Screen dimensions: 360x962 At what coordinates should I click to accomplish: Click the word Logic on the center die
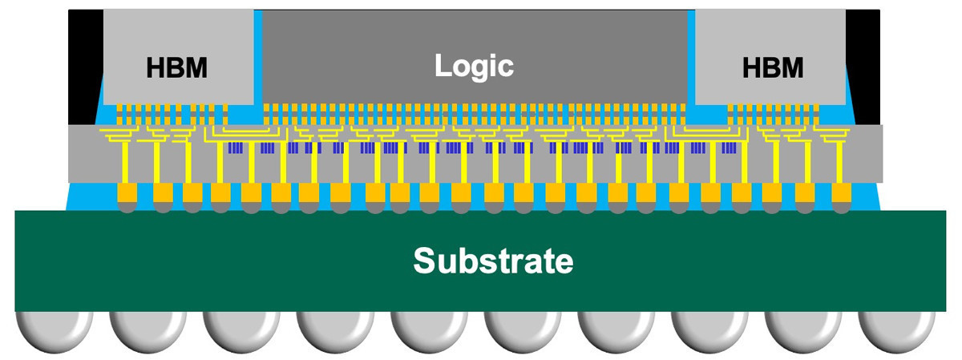[x=474, y=65]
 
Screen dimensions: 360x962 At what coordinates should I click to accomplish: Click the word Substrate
[x=493, y=261]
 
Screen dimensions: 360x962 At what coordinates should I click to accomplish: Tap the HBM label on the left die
[x=176, y=68]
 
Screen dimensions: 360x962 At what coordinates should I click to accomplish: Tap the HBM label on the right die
[x=773, y=68]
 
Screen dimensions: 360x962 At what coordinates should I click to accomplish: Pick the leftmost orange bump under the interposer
[x=128, y=192]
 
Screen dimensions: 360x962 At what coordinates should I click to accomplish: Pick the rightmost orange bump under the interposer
[x=840, y=192]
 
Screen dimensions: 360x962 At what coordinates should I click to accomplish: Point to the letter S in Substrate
[x=425, y=261]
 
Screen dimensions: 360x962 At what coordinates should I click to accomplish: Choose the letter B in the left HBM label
[x=176, y=68]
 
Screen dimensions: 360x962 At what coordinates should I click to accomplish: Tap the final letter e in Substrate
[x=564, y=262]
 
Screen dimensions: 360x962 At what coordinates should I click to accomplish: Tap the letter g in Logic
[x=483, y=68]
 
